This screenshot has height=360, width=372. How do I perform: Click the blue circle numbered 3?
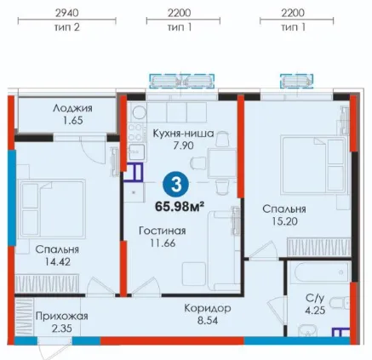click(x=176, y=186)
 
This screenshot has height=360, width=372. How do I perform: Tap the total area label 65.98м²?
click(x=180, y=207)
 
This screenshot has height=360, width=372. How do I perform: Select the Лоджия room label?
click(x=73, y=108)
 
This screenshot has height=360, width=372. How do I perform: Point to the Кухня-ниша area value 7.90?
click(x=184, y=146)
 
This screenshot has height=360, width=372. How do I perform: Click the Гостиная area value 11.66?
click(x=163, y=243)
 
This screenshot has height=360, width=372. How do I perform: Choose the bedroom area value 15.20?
click(x=284, y=221)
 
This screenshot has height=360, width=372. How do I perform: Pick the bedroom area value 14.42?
click(x=58, y=261)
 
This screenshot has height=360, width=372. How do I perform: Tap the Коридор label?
click(x=208, y=308)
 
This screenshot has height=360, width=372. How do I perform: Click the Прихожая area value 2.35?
click(x=62, y=329)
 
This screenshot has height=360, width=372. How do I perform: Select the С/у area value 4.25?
click(x=315, y=311)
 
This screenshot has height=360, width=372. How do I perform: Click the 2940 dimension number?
click(x=67, y=13)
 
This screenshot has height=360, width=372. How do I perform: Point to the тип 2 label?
click(x=67, y=27)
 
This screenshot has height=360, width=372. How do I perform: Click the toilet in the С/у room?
click(x=341, y=302)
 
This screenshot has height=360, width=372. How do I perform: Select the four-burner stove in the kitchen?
click(x=136, y=133)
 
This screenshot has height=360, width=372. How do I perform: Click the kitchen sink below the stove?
click(x=136, y=151)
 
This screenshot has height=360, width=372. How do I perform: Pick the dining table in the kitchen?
click(x=222, y=163)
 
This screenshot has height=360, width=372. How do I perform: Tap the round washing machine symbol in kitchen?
click(x=139, y=112)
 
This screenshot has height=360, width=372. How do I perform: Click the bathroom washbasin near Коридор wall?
click(x=307, y=331)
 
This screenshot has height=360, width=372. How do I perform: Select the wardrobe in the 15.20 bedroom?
click(x=318, y=247)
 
